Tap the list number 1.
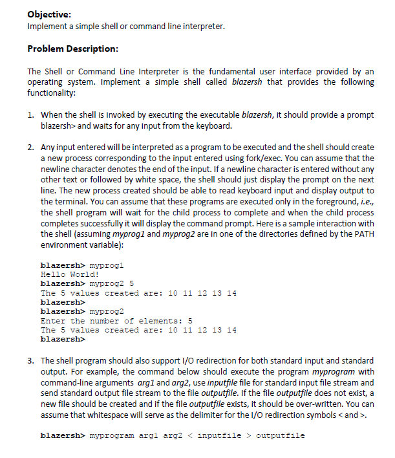tap(30, 115)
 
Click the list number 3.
tap(30, 360)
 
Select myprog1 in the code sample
tap(109, 265)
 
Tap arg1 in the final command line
tap(149, 436)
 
